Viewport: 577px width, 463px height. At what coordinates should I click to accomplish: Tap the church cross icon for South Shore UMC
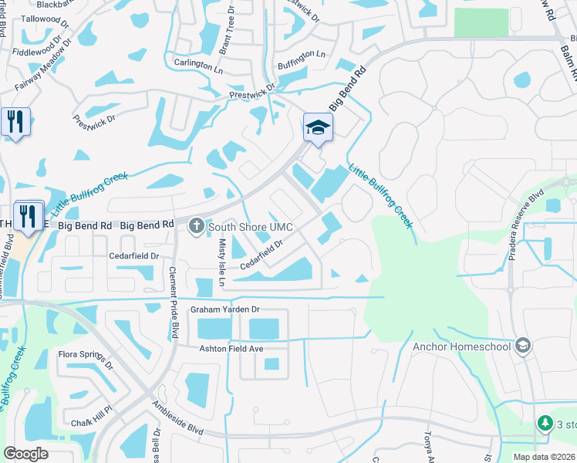click(196, 226)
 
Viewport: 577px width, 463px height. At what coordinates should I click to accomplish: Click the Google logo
click(25, 454)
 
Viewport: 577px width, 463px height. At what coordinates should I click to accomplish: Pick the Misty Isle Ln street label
click(220, 262)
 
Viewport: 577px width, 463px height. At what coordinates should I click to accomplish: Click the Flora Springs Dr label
click(86, 360)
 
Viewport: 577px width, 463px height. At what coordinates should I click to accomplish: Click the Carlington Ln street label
click(198, 66)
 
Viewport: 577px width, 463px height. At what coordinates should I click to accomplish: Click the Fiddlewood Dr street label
click(35, 47)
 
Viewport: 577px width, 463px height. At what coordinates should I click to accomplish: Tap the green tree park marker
click(545, 423)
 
